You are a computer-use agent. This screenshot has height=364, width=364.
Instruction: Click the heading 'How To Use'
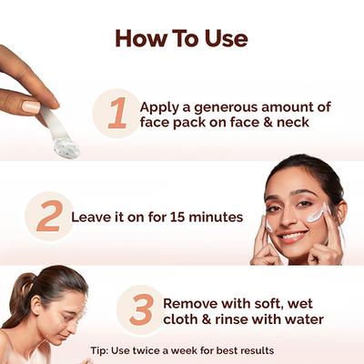pos(181,39)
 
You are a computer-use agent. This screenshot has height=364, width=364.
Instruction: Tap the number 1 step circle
pos(116,114)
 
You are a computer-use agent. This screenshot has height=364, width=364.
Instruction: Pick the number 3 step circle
pos(140,309)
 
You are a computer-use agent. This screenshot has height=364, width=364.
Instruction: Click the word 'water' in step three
pos(298,319)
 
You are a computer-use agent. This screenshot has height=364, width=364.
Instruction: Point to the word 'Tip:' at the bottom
pos(103,350)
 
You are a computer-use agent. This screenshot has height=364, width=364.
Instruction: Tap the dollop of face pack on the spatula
pos(66,145)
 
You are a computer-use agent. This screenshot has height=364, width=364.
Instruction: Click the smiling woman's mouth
pos(292,236)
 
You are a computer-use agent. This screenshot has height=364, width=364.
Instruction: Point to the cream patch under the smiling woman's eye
pos(315,215)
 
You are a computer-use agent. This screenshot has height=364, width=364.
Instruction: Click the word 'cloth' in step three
pos(182,319)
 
